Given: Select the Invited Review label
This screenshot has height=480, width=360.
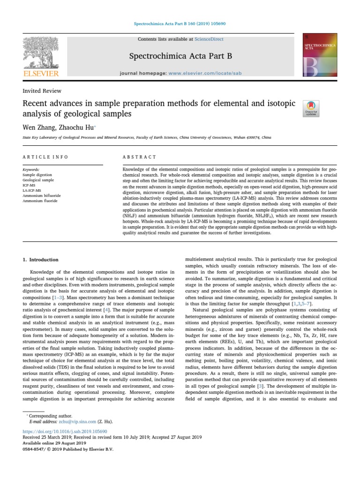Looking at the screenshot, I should click(x=42, y=91).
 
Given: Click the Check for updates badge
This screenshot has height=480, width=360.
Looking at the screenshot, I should click(x=312, y=108).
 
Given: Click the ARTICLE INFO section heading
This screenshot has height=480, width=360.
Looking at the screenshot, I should click(x=45, y=157).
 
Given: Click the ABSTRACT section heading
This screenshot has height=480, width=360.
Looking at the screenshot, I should click(x=139, y=157).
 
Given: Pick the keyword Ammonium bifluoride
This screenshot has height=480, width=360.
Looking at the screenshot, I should click(x=42, y=195).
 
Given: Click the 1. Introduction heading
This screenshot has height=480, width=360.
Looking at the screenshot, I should click(x=41, y=260).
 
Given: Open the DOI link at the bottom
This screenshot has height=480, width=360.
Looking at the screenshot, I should click(x=65, y=431).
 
